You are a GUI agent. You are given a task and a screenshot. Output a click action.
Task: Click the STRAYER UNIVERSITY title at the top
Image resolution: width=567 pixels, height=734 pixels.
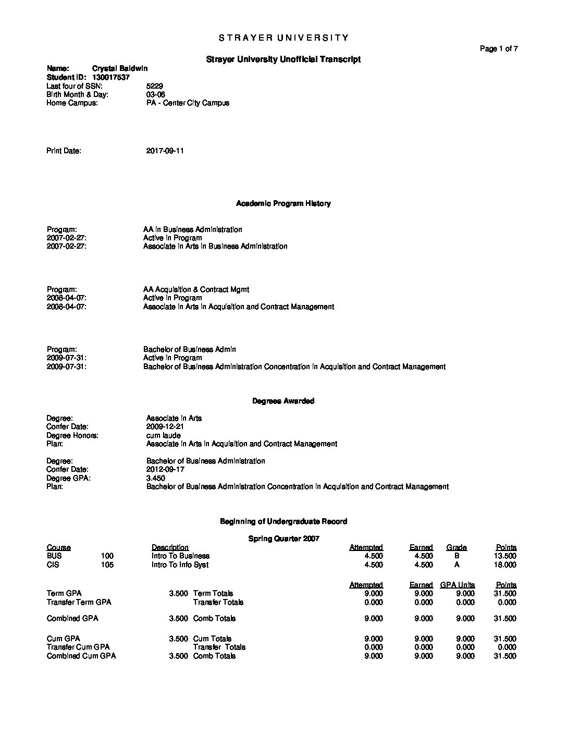(283, 38)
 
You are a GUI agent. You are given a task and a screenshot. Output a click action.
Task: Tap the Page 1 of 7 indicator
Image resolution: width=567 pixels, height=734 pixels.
(499, 49)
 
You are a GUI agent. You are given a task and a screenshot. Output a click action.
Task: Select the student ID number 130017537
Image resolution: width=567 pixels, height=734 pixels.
(110, 77)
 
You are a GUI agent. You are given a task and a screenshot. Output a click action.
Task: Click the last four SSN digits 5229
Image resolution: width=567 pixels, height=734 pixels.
(155, 86)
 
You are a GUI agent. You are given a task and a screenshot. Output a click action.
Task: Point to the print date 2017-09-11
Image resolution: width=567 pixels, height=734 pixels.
(165, 151)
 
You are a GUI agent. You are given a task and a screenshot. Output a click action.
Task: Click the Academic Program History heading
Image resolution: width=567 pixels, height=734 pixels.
(283, 203)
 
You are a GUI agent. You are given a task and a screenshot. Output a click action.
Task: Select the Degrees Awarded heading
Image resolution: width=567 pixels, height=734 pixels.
(283, 401)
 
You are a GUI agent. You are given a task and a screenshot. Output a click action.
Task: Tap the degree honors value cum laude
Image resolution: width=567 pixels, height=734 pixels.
(163, 435)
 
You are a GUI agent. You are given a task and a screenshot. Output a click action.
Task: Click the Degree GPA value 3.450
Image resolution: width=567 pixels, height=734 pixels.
(155, 478)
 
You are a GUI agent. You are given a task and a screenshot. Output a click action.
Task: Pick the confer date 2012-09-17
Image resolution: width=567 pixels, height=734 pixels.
(165, 469)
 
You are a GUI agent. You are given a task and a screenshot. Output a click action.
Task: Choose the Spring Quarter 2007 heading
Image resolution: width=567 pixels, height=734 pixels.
(283, 539)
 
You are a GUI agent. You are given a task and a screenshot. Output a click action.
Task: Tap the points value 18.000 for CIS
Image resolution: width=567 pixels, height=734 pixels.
(504, 565)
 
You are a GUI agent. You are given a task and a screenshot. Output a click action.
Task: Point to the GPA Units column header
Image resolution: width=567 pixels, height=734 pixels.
(457, 585)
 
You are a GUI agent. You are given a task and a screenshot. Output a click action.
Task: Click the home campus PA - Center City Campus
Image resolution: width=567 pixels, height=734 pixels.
(188, 103)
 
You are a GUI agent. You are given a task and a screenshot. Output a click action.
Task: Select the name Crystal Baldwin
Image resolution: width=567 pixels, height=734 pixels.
(119, 68)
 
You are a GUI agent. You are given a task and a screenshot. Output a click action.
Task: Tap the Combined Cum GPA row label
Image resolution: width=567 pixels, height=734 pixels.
(81, 656)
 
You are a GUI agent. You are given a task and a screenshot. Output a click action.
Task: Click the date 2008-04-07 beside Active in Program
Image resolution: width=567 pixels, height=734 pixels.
(67, 298)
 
